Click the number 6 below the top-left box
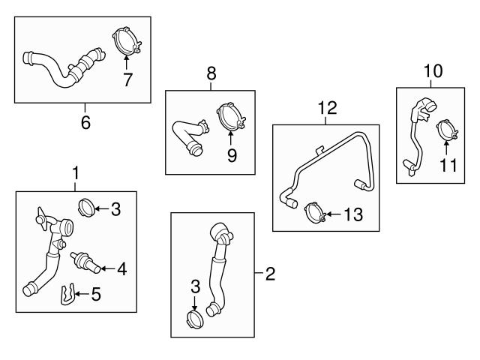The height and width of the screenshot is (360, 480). click(85, 121)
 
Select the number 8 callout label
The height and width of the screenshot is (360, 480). click(211, 73)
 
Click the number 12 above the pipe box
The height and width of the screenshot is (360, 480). click(327, 109)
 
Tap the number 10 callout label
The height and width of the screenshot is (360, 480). click(433, 71)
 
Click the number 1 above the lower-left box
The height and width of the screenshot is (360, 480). click(75, 174)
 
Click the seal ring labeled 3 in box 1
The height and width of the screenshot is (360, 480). click(86, 206)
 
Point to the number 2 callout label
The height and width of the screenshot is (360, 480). click(270, 274)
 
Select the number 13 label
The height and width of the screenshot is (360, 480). click(352, 215)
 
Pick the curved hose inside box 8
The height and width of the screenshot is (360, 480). click(186, 136)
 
